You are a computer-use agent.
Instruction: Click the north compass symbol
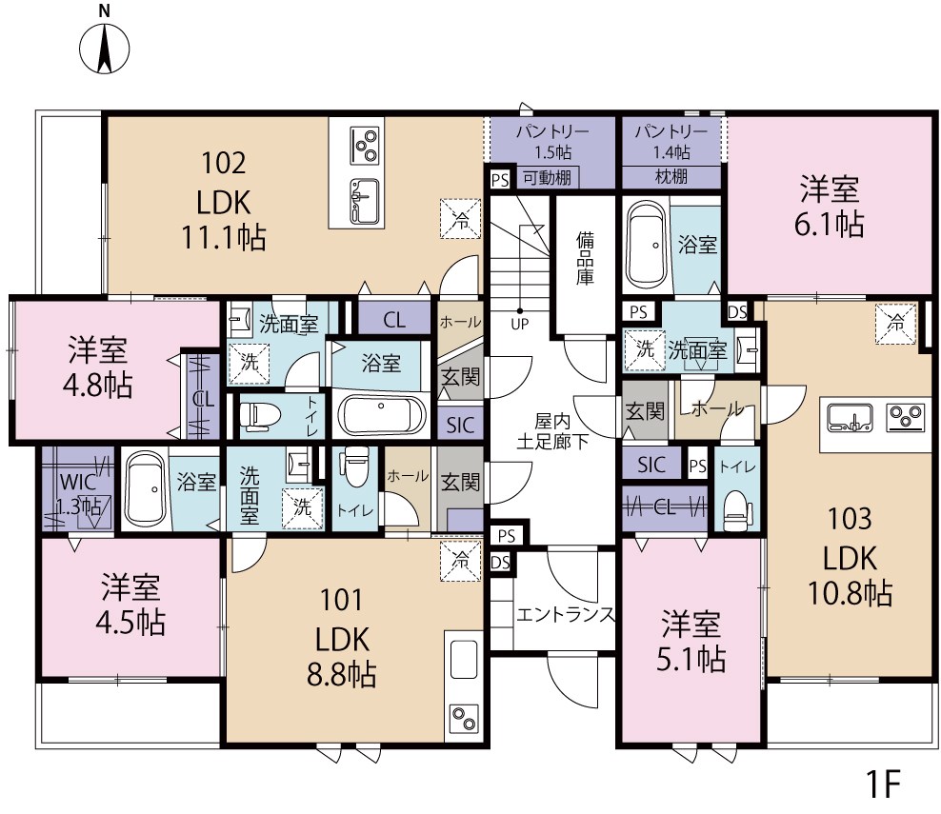coord(104,47)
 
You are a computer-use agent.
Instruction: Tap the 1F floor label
coord(882,784)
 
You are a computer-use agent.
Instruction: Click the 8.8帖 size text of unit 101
coord(340,674)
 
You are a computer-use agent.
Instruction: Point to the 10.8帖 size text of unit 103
coord(850,592)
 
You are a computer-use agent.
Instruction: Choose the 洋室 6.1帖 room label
coord(830,207)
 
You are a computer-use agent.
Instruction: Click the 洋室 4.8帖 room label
coord(99,367)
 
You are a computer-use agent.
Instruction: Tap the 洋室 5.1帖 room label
coord(691,642)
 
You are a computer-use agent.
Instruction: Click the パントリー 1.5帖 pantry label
coord(551,140)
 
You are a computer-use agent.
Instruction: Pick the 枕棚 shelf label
coord(671,176)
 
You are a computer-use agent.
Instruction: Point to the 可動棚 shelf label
coord(550,177)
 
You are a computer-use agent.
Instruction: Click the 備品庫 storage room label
coord(584,260)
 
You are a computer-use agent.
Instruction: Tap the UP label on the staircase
coord(519,323)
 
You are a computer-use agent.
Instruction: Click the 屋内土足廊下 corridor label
coord(551,430)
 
